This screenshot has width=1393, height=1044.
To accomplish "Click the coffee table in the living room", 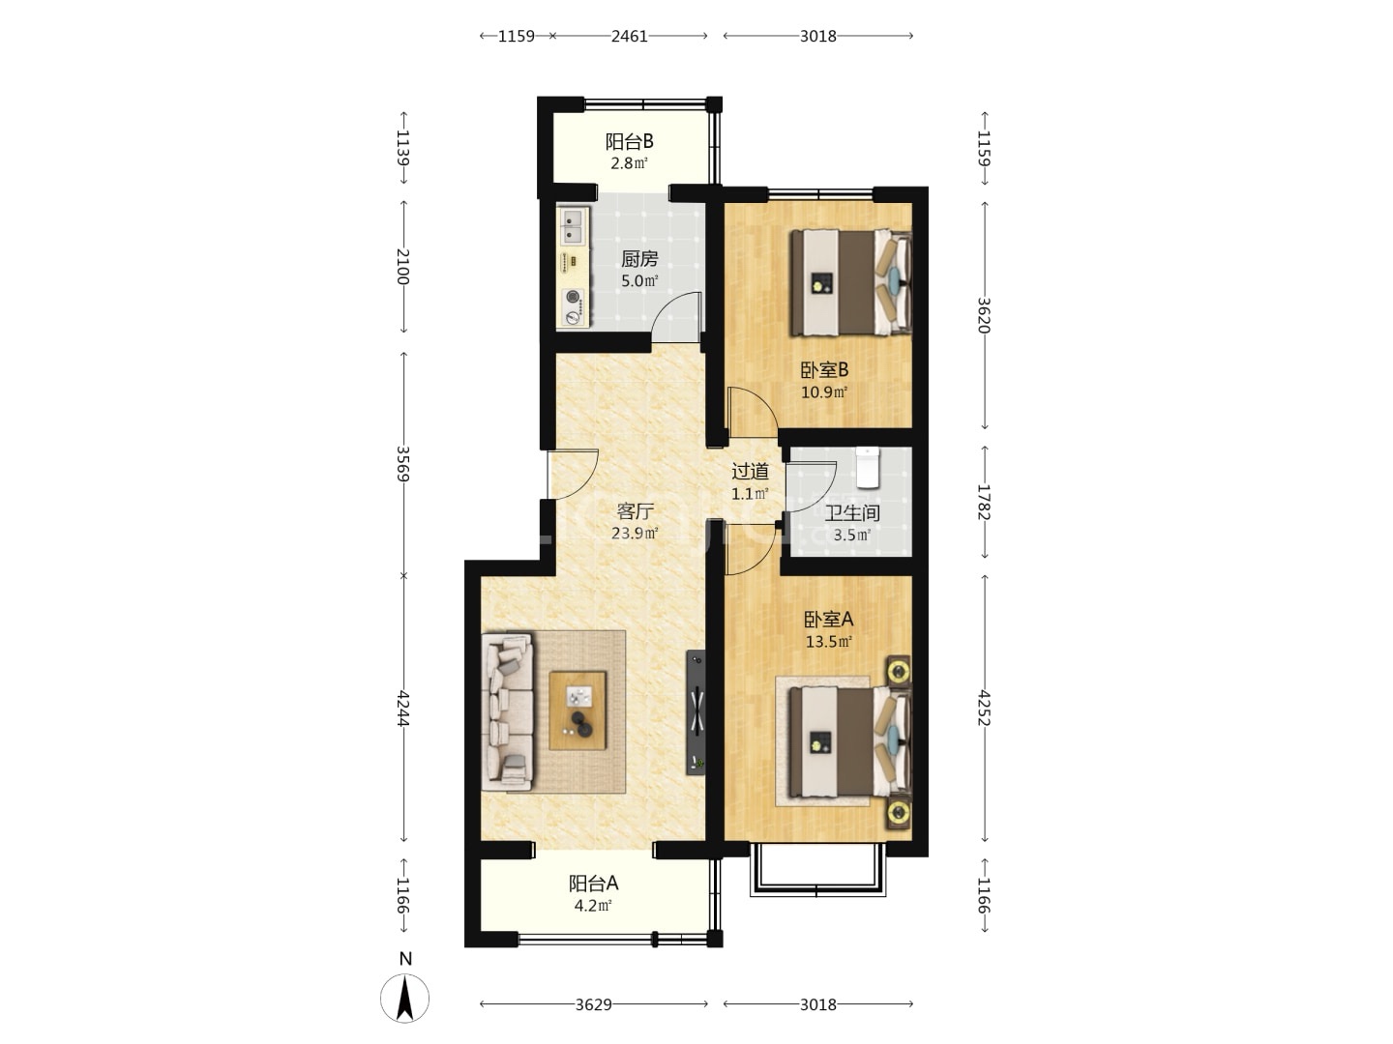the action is point(577,710).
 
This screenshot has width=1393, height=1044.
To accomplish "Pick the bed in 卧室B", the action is point(849,282).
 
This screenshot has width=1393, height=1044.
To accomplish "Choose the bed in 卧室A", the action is point(849,741).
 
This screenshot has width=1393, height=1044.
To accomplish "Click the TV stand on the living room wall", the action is point(696,712).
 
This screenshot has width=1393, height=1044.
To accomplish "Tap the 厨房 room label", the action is point(639,259).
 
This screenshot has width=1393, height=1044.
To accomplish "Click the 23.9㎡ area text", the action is point(635,533).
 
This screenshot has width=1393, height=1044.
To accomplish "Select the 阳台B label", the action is point(629,141).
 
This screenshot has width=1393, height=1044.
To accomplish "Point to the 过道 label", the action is point(750,471).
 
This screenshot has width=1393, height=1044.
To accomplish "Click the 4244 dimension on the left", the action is point(403,709).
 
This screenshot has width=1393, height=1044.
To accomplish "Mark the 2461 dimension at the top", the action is point(630,36).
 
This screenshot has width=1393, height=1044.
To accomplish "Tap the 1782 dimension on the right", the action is point(984,502).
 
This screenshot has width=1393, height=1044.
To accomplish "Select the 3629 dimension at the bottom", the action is point(593,1004).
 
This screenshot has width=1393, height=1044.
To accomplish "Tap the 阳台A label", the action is point(593,883).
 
